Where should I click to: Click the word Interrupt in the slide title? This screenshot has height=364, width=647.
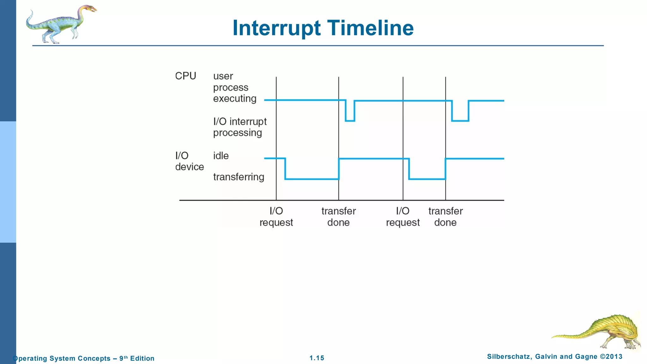[277, 28]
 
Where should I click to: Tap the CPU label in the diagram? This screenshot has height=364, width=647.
[185, 76]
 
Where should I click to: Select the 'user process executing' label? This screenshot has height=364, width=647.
[234, 87]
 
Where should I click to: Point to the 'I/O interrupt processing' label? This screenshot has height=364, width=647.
[240, 127]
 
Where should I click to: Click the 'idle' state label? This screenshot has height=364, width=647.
[221, 156]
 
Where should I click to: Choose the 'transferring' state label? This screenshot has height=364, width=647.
[239, 177]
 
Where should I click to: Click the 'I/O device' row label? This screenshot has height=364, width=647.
[189, 161]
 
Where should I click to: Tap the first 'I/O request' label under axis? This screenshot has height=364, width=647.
[276, 217]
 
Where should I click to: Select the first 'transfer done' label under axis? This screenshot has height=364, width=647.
[338, 217]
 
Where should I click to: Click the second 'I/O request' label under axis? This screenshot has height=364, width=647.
[403, 217]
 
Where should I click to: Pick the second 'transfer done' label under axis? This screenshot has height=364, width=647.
[445, 217]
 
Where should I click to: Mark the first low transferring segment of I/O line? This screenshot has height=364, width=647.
[312, 179]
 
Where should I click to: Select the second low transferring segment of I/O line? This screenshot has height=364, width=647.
[427, 179]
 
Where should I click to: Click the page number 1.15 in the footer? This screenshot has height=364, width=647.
[317, 358]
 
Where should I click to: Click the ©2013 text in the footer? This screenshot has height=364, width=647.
[611, 357]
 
